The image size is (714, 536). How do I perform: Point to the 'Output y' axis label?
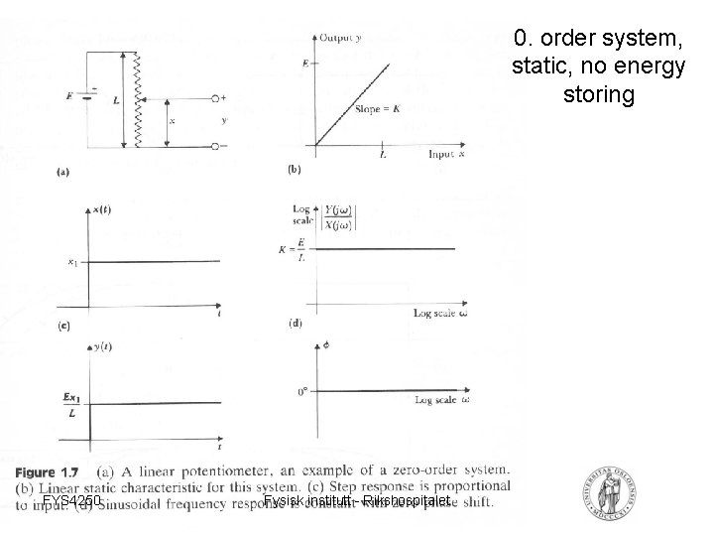[339, 38]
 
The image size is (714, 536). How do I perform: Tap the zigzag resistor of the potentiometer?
[137, 99]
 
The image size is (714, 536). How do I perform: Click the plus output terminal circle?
[214, 98]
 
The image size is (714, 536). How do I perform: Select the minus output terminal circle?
[214, 145]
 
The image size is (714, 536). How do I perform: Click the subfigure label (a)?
[63, 172]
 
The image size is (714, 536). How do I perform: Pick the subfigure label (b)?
[295, 170]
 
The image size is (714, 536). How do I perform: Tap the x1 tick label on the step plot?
[72, 262]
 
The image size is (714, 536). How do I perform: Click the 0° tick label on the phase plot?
[303, 391]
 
